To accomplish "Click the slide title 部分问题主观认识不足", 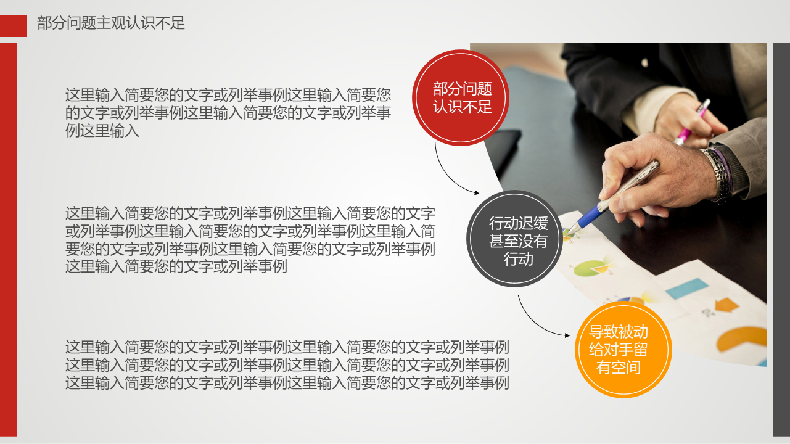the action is pyautogui.click(x=111, y=23).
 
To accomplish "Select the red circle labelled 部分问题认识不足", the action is pyautogui.click(x=460, y=97).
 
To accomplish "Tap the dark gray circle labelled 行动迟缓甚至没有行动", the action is pyautogui.click(x=514, y=239).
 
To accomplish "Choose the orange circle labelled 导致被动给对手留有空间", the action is pyautogui.click(x=623, y=349).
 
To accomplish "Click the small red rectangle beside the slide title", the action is pyautogui.click(x=13, y=26).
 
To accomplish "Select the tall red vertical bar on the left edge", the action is pyautogui.click(x=9, y=240).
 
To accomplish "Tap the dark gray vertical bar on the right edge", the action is pyautogui.click(x=781, y=240).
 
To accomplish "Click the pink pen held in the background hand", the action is pyautogui.click(x=691, y=121).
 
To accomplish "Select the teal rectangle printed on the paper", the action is pyautogui.click(x=686, y=288).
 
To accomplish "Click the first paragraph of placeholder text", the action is pyautogui.click(x=228, y=113).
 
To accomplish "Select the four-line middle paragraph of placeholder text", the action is pyautogui.click(x=250, y=240).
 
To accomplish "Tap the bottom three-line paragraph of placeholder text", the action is pyautogui.click(x=287, y=365).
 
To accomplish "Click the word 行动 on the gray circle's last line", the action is pyautogui.click(x=518, y=259).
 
